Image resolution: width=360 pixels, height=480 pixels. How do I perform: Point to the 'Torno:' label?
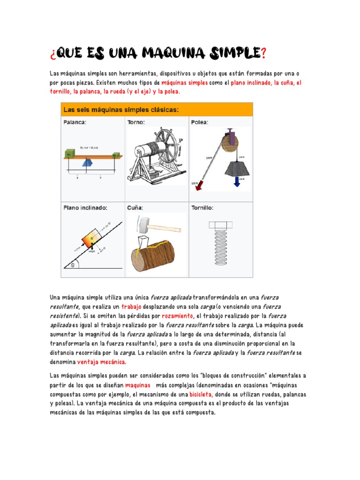pyautogui.click(x=136, y=122)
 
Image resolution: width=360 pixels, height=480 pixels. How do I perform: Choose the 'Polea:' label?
pyautogui.click(x=200, y=122)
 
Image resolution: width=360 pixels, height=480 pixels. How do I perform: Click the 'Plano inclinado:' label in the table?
pyautogui.click(x=86, y=207)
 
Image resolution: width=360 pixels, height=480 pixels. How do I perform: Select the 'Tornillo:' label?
pyautogui.click(x=202, y=207)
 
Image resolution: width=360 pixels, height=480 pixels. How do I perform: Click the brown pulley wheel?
pyautogui.click(x=228, y=141)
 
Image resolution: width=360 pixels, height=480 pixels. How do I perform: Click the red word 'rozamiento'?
pyautogui.click(x=177, y=315)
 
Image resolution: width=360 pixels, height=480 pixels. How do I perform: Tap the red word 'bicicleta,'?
pyautogui.click(x=201, y=394)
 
